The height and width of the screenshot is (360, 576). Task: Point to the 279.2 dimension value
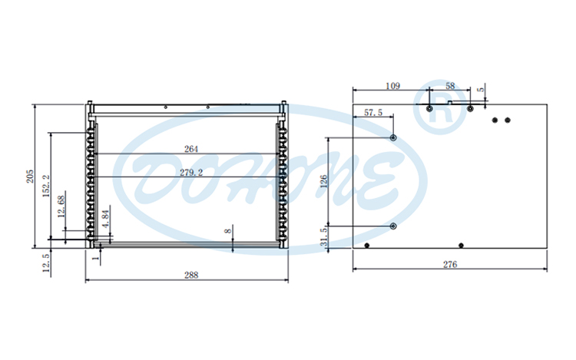(191, 173)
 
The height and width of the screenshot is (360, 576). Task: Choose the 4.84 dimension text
(106, 217)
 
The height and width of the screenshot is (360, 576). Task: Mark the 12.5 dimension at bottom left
(46, 263)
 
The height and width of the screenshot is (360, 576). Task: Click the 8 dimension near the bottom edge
(227, 230)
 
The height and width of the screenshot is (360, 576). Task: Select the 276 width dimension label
(450, 265)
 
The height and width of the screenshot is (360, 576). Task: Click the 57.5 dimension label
(373, 113)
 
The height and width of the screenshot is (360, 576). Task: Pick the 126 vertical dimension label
(324, 182)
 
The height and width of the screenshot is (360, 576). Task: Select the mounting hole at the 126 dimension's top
(393, 137)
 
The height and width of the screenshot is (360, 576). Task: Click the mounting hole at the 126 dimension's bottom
(393, 226)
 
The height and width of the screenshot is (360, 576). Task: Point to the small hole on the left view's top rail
(166, 107)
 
